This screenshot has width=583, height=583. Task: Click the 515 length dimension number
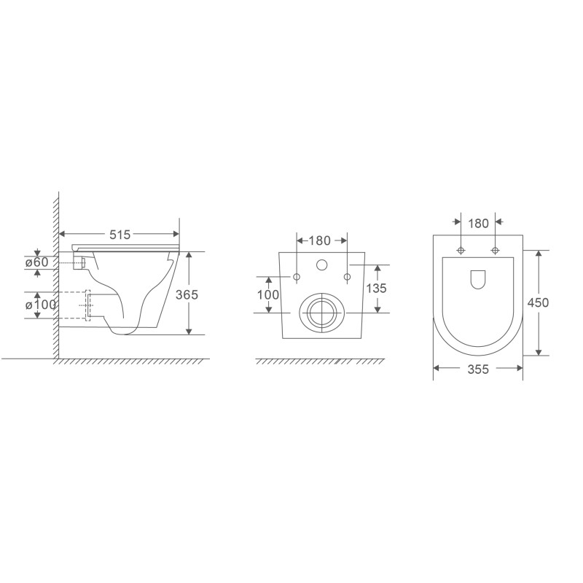120,235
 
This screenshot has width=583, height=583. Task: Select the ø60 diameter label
37,262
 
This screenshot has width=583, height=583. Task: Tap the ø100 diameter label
41,305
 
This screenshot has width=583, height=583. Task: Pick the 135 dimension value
376,288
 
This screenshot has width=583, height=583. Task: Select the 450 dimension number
539,302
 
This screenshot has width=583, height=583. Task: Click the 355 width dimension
478,369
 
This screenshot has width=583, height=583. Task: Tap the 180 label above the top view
478,224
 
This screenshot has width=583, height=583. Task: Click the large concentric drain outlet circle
321,312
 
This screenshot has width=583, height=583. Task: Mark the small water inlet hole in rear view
321,265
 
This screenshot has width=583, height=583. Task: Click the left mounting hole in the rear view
297,277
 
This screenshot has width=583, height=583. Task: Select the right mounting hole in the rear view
347,277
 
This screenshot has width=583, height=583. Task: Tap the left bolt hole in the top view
461,251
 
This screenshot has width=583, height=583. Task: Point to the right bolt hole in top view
496,251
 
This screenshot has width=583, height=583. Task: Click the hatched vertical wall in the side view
55,277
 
